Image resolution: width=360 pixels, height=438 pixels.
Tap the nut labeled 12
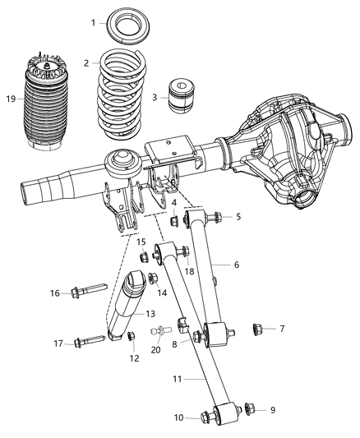[132, 336]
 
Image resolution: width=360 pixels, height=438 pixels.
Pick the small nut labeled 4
[174, 221]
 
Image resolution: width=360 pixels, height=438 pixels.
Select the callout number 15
[141, 242]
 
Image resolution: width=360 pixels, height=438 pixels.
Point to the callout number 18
[189, 271]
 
